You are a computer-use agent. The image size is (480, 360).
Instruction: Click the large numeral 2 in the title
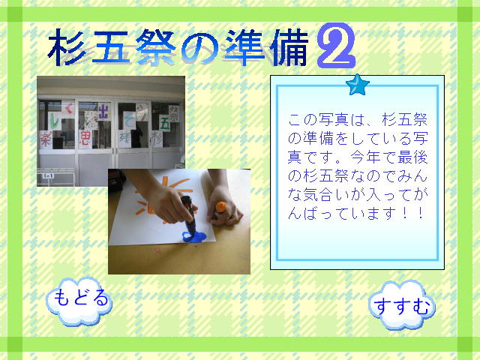click(x=335, y=46)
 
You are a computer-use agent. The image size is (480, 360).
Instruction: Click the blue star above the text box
click(x=358, y=85)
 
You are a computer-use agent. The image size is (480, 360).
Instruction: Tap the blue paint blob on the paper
click(x=191, y=237)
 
